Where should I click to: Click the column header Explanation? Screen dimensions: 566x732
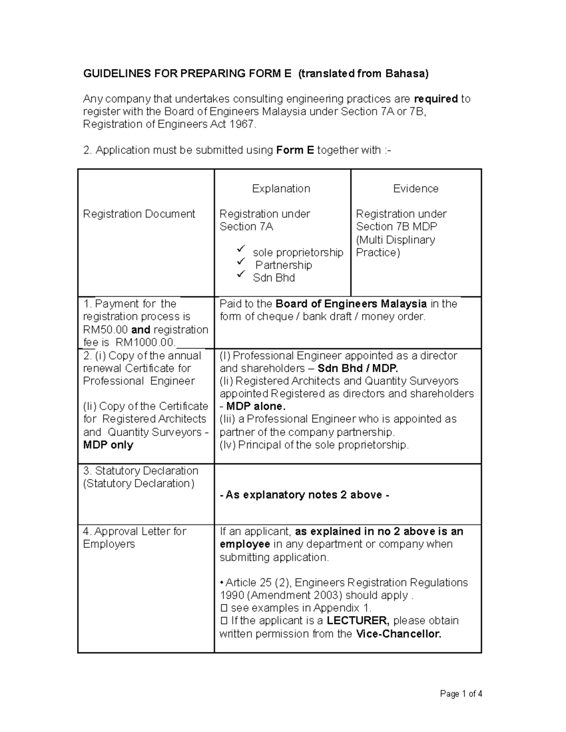click(x=281, y=189)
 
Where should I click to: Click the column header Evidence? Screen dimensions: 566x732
click(x=416, y=189)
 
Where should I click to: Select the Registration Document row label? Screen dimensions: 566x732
click(x=139, y=214)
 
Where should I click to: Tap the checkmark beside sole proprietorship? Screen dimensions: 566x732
click(x=241, y=248)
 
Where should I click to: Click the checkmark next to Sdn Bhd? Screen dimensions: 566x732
click(x=241, y=274)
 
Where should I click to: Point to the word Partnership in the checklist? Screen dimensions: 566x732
click(x=283, y=265)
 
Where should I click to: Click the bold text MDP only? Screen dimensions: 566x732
click(x=108, y=445)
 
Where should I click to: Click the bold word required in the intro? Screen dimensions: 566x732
click(x=435, y=99)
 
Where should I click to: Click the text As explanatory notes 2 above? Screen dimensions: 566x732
click(x=304, y=495)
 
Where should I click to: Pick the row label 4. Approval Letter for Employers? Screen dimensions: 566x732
click(x=134, y=538)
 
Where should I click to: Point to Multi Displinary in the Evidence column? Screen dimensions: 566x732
click(x=396, y=240)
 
